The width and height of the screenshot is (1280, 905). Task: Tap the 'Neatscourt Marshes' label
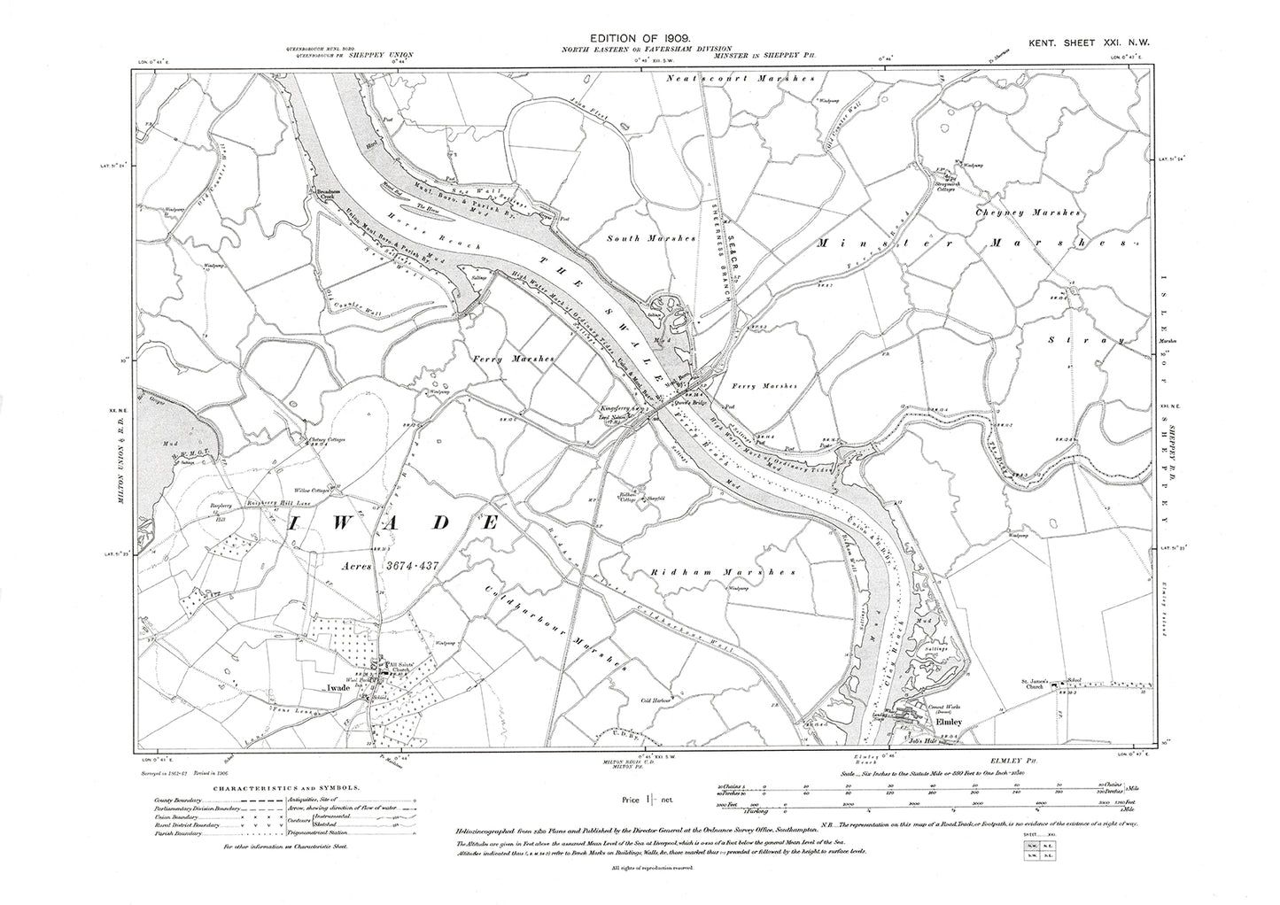(x=738, y=79)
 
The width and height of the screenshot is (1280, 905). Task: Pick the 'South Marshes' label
(x=635, y=238)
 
